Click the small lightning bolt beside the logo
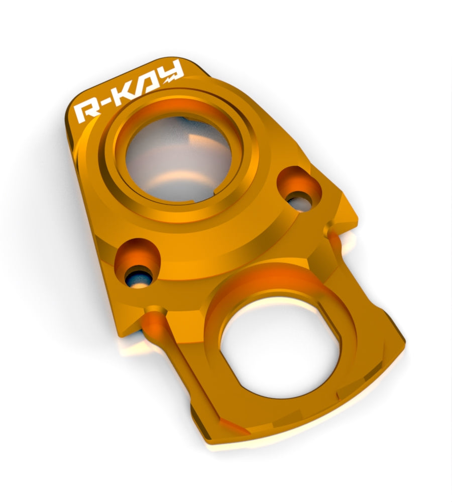click(x=170, y=78)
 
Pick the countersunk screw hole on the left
click(x=138, y=263)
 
